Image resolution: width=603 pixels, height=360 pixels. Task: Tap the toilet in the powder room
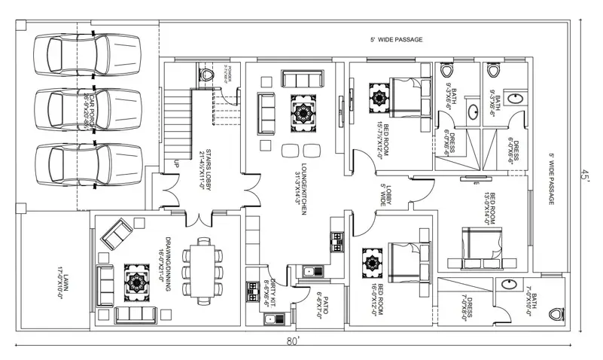click(x=208, y=75)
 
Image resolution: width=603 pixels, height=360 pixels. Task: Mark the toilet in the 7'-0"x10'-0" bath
click(x=556, y=313)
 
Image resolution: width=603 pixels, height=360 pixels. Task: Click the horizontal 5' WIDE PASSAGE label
click(x=396, y=39)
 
